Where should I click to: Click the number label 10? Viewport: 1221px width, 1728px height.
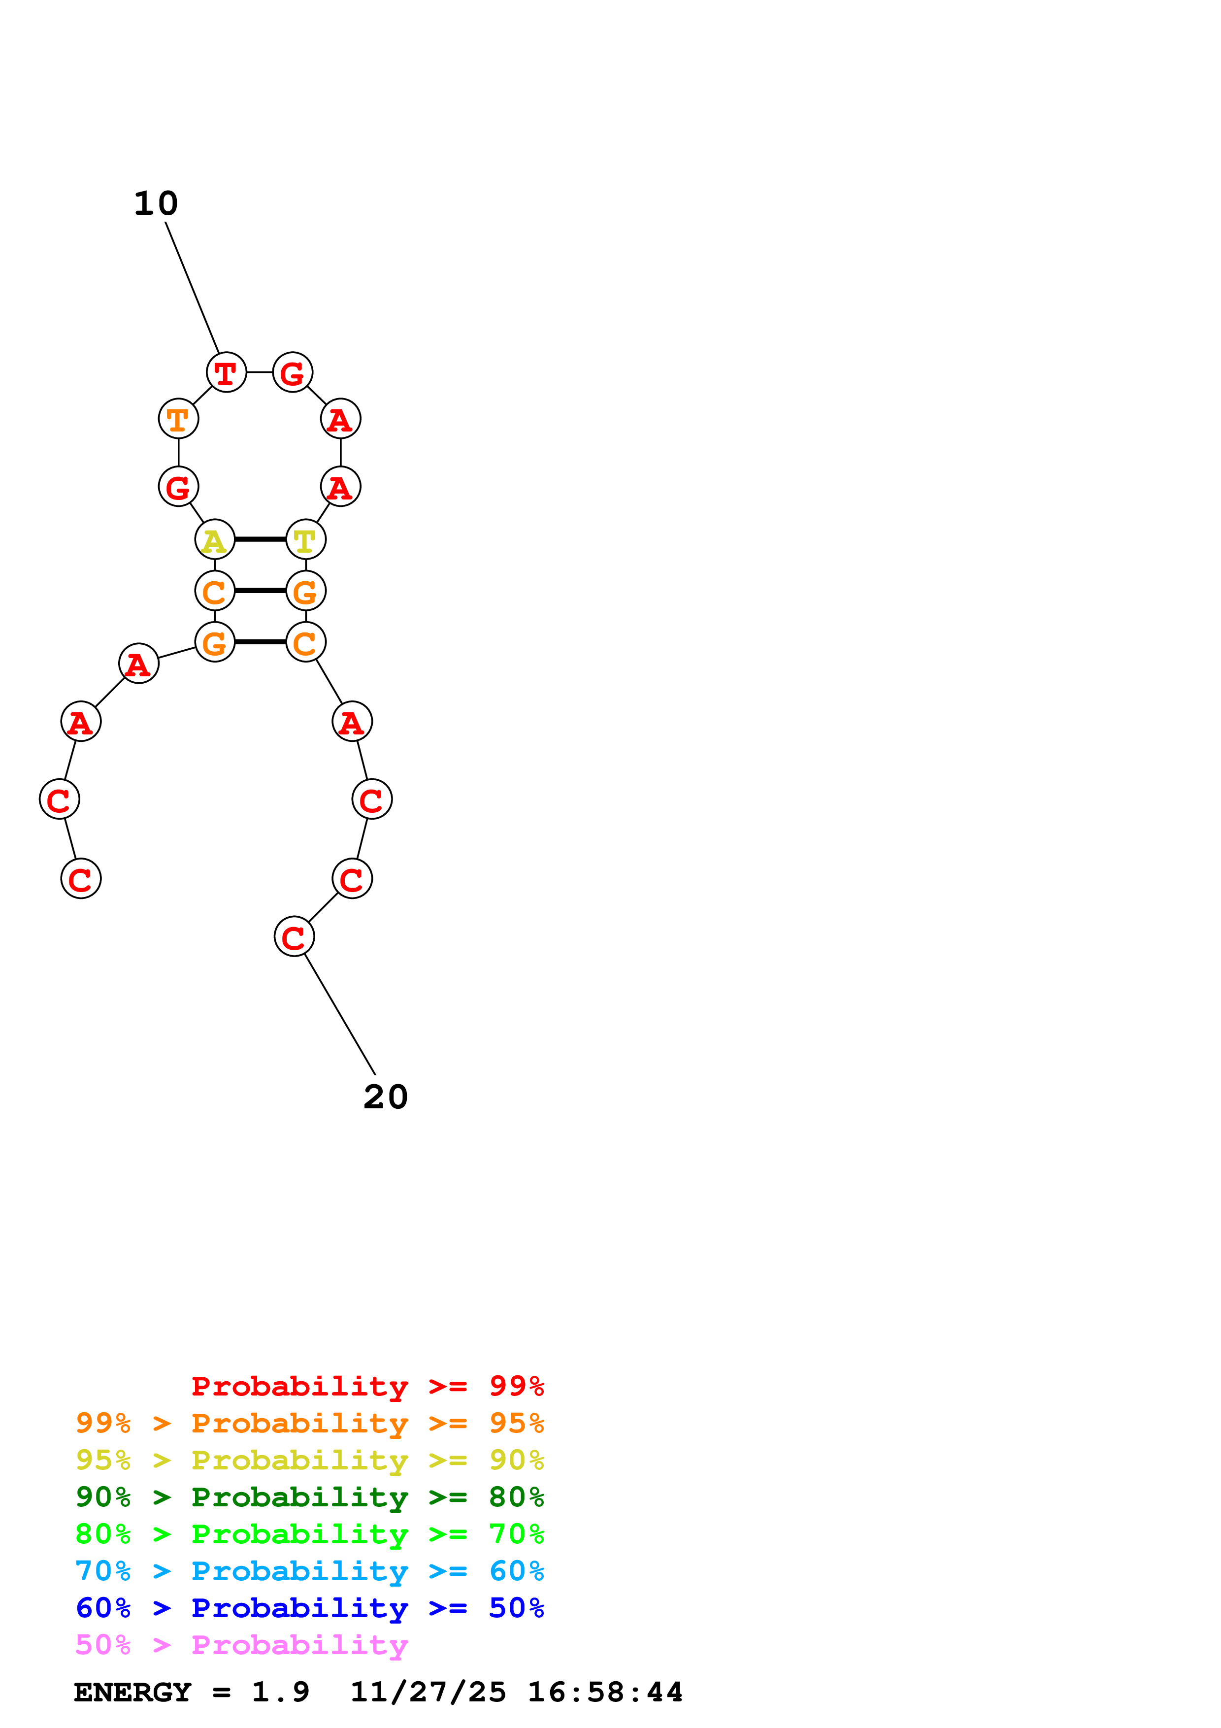click(x=156, y=203)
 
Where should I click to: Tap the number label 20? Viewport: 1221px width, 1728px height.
click(x=385, y=1097)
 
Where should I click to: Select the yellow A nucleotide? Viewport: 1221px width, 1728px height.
click(x=214, y=539)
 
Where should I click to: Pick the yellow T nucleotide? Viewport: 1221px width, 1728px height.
click(x=305, y=539)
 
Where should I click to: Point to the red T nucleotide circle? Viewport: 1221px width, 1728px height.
click(x=226, y=372)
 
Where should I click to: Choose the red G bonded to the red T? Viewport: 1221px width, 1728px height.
click(x=292, y=372)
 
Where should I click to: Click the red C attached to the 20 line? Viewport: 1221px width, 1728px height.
click(x=294, y=936)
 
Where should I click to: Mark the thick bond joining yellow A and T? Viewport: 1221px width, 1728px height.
click(x=260, y=539)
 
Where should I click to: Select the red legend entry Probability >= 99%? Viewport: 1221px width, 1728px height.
click(x=367, y=1386)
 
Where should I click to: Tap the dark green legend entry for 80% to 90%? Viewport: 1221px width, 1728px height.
click(x=309, y=1497)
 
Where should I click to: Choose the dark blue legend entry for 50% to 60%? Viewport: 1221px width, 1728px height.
click(x=309, y=1608)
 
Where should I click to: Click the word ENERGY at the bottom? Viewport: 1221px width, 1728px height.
click(x=132, y=1692)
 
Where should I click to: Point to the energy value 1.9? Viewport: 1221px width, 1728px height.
click(x=280, y=1692)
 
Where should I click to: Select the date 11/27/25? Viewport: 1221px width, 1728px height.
click(x=428, y=1692)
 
